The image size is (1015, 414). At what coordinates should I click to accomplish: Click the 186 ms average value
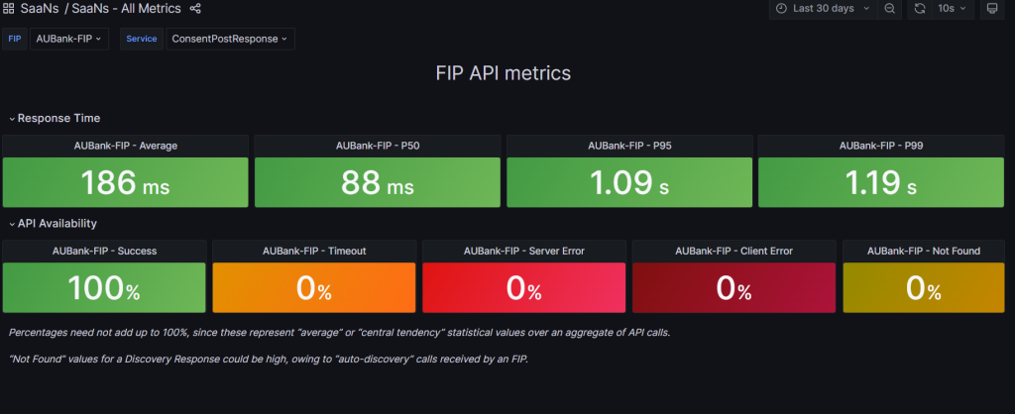coord(125,183)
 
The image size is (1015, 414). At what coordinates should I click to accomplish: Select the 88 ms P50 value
coord(377,183)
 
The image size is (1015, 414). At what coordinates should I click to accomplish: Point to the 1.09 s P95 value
coord(628,183)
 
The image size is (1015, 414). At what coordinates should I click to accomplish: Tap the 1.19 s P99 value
coord(880,183)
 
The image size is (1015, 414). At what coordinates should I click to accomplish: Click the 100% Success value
coord(104,288)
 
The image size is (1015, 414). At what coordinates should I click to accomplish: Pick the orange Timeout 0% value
coord(314,288)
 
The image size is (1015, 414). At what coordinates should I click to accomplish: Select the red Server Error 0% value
coord(524,288)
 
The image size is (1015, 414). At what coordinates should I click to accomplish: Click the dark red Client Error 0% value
coord(734,288)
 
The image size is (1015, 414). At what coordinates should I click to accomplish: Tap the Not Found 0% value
coord(925,288)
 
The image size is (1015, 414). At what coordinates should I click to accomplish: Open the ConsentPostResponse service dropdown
coord(229,39)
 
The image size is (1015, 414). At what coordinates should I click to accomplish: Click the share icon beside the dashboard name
coord(195,9)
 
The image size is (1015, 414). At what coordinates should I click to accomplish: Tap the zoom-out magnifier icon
coord(890,9)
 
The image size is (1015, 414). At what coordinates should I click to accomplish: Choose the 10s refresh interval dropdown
coord(952,9)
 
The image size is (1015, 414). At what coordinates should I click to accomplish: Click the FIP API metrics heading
coord(503,73)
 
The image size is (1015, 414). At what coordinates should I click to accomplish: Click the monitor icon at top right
coord(991,9)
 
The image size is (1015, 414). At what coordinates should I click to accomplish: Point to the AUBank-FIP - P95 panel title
coord(628,146)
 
